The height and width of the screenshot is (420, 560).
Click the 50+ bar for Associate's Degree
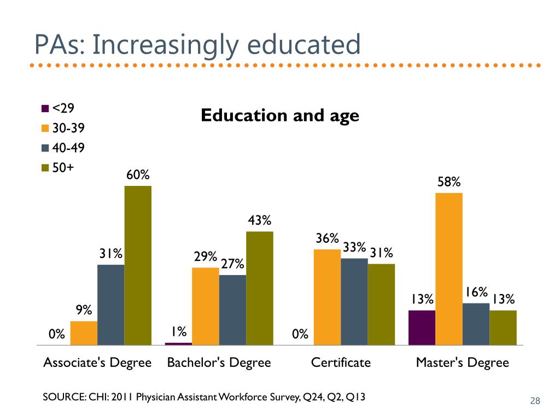tap(138, 265)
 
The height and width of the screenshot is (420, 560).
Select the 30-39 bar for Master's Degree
tap(449, 269)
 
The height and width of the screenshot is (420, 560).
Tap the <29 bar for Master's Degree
tap(422, 328)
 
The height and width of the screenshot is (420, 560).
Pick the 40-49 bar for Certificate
tap(354, 301)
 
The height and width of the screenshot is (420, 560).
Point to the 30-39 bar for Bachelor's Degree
tap(205, 306)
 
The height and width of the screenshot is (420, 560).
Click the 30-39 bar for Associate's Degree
tap(84, 333)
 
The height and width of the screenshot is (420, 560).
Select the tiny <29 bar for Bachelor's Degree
tap(178, 343)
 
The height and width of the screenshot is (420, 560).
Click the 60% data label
tap(138, 175)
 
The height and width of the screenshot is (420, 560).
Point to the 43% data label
tap(259, 220)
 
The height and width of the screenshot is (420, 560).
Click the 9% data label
tap(84, 310)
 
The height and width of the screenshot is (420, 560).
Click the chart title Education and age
tap(280, 115)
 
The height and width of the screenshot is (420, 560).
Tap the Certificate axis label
tap(341, 363)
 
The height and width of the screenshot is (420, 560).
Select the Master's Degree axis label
tap(462, 363)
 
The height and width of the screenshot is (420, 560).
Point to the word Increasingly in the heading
tap(166, 45)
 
